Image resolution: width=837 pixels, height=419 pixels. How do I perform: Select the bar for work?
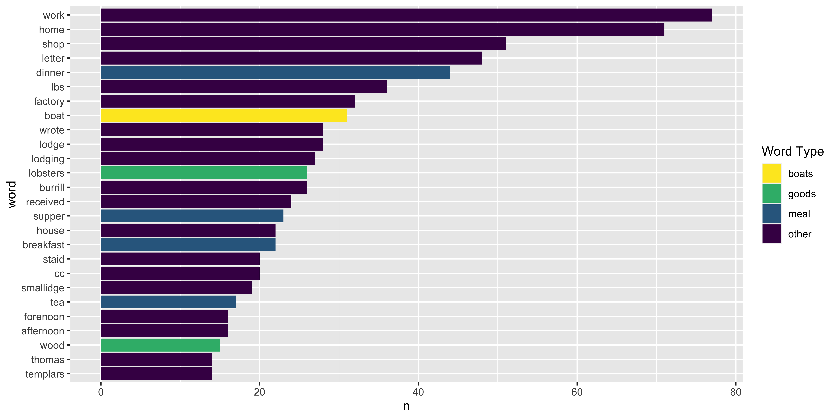[406, 15]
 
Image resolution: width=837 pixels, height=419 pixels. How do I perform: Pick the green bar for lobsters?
[204, 173]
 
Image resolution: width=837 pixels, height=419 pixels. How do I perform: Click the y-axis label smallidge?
[43, 288]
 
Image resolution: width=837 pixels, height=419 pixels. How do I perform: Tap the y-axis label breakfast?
[44, 245]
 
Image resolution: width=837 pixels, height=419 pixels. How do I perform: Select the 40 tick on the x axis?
[418, 392]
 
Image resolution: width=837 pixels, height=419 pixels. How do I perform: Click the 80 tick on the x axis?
[736, 392]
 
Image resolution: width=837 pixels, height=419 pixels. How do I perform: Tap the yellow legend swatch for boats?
[771, 173]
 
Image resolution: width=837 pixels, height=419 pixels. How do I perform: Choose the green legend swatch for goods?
[771, 194]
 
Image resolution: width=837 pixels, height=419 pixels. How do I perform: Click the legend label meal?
[799, 214]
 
